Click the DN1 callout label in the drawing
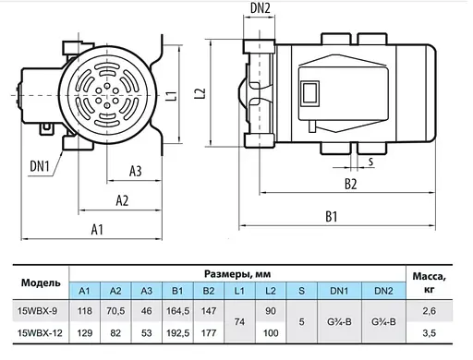point(40,166)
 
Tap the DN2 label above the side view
point(261,8)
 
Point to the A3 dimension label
point(136,172)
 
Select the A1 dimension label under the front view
point(97,230)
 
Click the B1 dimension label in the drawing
point(332,217)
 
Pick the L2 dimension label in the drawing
point(200,93)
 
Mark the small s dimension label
point(370,162)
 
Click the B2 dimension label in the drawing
point(351,184)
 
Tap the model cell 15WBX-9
point(38,311)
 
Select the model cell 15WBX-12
point(40,333)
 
